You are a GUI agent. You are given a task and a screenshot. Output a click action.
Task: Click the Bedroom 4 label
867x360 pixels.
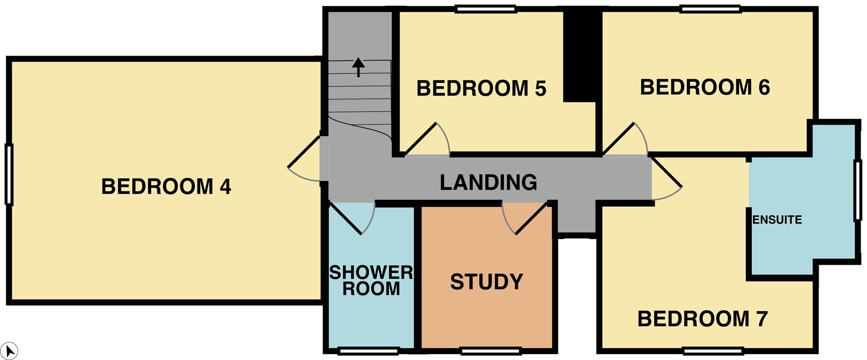(x=166, y=187)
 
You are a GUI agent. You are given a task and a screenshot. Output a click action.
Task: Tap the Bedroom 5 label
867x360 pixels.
(x=481, y=88)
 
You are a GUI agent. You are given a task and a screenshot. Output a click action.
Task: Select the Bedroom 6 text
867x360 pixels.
(x=705, y=87)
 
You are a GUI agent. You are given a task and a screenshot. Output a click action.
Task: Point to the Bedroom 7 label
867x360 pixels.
(x=703, y=319)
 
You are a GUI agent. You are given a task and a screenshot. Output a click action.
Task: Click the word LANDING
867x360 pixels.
(x=489, y=182)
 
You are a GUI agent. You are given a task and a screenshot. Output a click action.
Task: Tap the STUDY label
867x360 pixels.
(x=487, y=282)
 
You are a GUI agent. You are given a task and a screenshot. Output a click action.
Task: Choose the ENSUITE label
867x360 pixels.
(x=777, y=220)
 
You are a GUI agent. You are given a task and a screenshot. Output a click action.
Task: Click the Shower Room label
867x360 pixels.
(x=371, y=280)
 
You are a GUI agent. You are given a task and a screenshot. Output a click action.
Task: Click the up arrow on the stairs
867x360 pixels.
(x=359, y=67)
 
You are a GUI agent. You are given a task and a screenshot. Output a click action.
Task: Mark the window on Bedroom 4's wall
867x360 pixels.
(x=9, y=174)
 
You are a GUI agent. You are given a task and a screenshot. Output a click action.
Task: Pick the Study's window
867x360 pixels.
(x=490, y=351)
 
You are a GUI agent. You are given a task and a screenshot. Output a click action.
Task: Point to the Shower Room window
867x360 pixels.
(x=369, y=351)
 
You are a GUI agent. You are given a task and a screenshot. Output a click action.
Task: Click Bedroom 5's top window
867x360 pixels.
(x=485, y=9)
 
